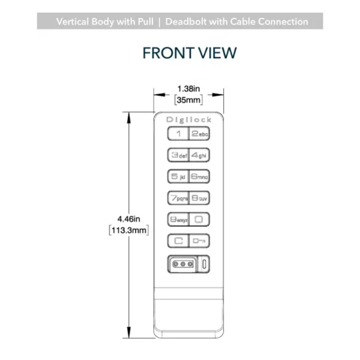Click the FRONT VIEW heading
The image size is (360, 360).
click(190, 53)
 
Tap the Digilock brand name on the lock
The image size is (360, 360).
click(189, 119)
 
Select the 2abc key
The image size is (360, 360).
click(199, 133)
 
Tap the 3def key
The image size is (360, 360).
click(178, 155)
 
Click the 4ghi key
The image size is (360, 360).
click(199, 155)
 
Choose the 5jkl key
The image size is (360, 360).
click(178, 176)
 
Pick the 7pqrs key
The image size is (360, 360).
click(178, 198)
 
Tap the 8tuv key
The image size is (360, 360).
click(199, 198)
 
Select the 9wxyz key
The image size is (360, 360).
click(178, 220)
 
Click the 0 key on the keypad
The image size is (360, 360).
click(199, 220)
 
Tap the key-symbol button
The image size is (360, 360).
click(199, 241)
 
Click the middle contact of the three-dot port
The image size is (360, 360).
click(183, 264)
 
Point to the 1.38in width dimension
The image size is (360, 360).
click(189, 89)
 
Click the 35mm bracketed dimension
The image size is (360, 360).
click(189, 100)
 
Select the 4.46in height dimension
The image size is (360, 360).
click(128, 219)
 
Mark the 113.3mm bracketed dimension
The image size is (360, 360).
click(129, 230)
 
